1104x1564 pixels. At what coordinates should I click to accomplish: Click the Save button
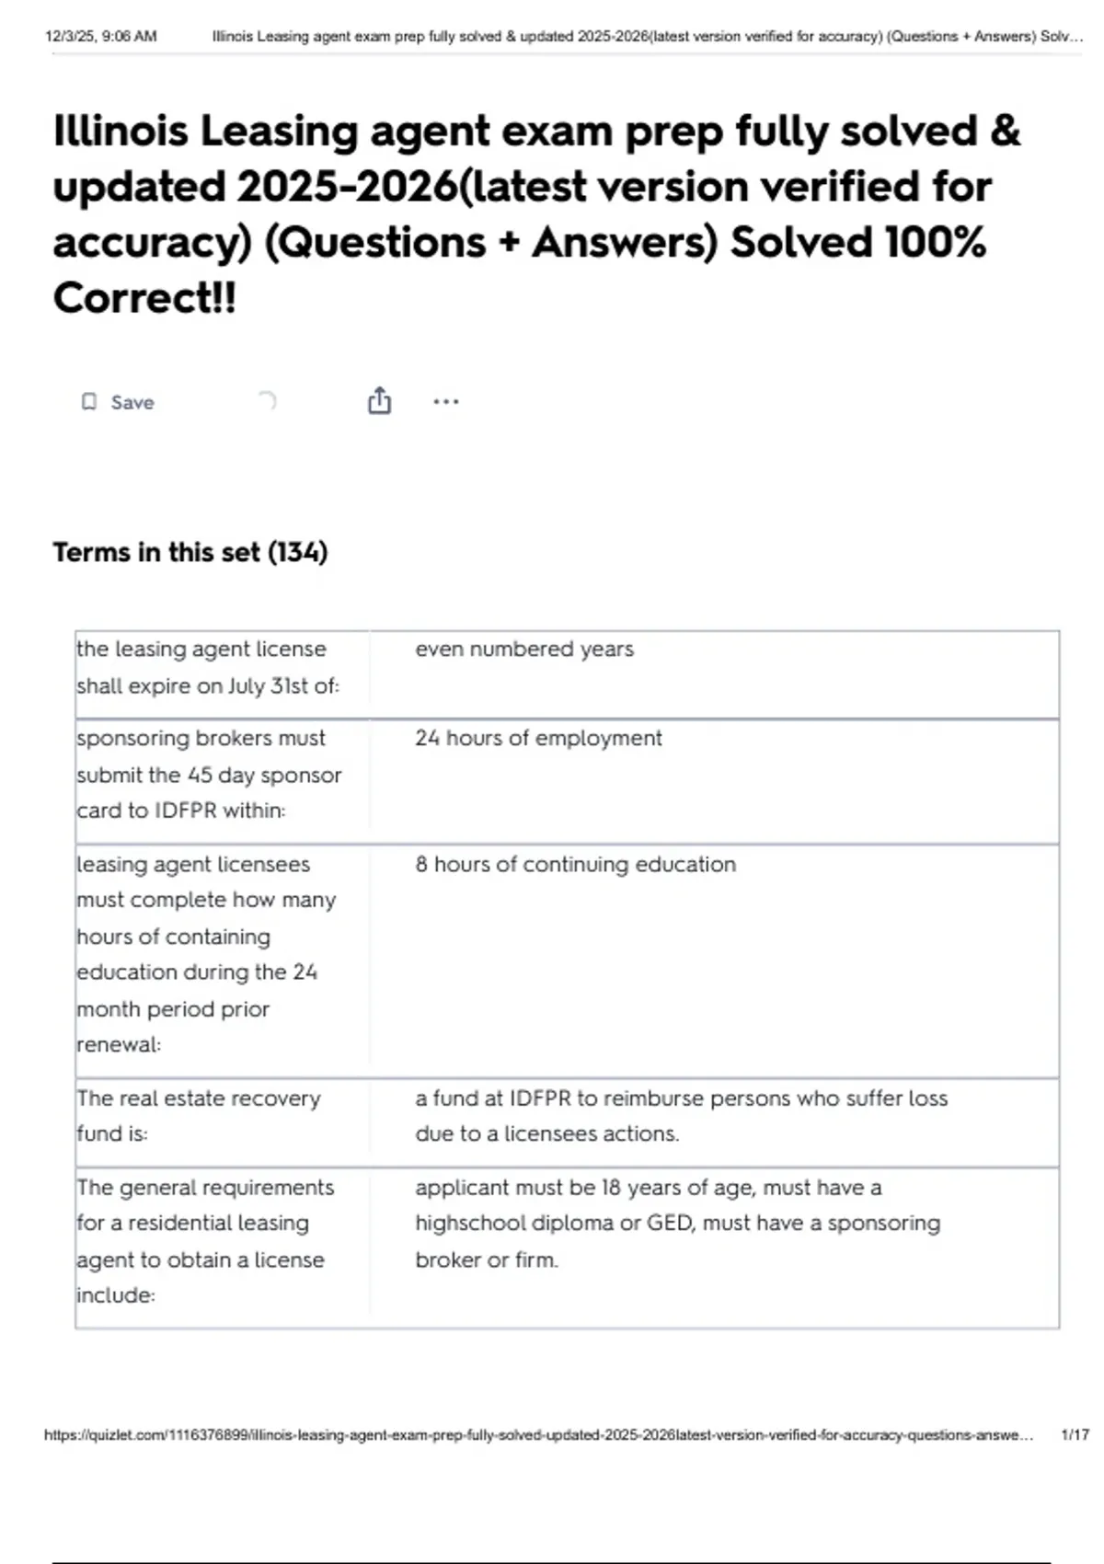coord(132,402)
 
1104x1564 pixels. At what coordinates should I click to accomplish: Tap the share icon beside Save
coord(379,401)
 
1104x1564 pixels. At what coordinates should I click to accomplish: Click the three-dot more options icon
coord(446,401)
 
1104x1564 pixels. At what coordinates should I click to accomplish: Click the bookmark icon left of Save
coord(89,402)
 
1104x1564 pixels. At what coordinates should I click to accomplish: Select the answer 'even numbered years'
coord(524,649)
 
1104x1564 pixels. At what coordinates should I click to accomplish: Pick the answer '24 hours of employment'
coord(538,738)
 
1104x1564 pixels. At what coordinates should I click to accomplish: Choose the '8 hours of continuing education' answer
coord(575,864)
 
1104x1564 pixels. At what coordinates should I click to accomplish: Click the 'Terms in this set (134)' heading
coord(190,552)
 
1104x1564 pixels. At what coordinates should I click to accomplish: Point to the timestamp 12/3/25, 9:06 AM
coord(101,37)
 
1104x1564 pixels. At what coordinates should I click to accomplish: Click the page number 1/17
coord(1075,1434)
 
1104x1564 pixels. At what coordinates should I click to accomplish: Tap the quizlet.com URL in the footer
coord(538,1434)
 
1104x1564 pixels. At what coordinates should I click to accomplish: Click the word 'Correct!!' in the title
coord(144,297)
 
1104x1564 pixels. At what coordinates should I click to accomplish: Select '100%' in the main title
coord(935,242)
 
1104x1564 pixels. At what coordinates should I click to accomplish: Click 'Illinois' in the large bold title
coord(121,131)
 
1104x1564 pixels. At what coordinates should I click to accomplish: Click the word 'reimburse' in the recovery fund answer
coord(660,1098)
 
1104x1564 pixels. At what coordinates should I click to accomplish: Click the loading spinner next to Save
coord(267,400)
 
